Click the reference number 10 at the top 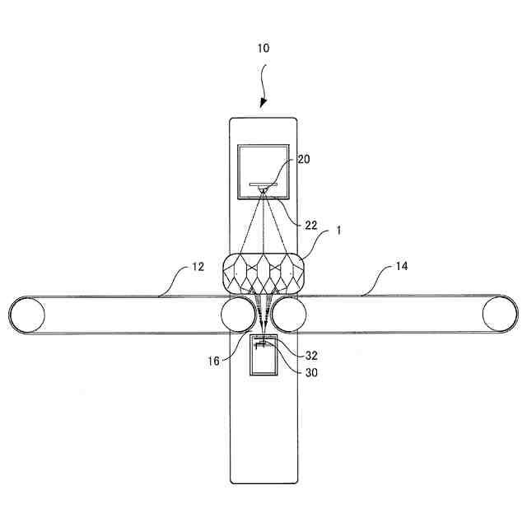(x=263, y=49)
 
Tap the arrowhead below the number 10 (x=263, y=104)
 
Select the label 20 (x=304, y=158)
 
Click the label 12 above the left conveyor (x=198, y=266)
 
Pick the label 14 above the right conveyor (x=401, y=266)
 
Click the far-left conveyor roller (x=26, y=315)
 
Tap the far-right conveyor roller (x=500, y=315)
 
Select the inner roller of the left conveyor (x=237, y=315)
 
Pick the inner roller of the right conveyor (x=289, y=315)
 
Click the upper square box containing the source (x=263, y=170)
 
